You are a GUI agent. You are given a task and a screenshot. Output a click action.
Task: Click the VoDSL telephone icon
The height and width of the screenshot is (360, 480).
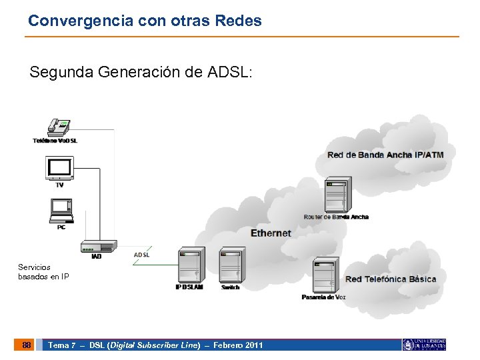coord(58,127)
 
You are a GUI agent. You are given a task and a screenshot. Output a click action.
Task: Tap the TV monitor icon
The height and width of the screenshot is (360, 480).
coord(59,168)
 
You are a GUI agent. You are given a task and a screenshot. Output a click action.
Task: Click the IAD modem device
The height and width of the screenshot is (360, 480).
coord(97,247)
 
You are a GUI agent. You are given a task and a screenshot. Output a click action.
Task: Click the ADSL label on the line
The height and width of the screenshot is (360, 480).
coord(142,254)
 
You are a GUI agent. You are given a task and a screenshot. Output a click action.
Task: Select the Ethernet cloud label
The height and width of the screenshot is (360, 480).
coord(271,233)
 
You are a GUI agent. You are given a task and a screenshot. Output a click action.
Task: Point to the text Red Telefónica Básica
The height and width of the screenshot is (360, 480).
coord(391,279)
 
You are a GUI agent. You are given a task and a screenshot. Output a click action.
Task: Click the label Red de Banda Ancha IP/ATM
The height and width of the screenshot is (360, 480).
coord(385,155)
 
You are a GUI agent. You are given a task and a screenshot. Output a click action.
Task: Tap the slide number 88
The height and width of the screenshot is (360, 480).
coord(26,345)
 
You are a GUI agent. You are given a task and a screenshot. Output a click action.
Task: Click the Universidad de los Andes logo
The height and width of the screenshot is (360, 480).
coord(424,345)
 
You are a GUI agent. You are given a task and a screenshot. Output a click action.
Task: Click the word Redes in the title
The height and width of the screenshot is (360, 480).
coord(239,21)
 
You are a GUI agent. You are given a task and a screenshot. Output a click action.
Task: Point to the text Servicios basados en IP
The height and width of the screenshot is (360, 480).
coord(43,271)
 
